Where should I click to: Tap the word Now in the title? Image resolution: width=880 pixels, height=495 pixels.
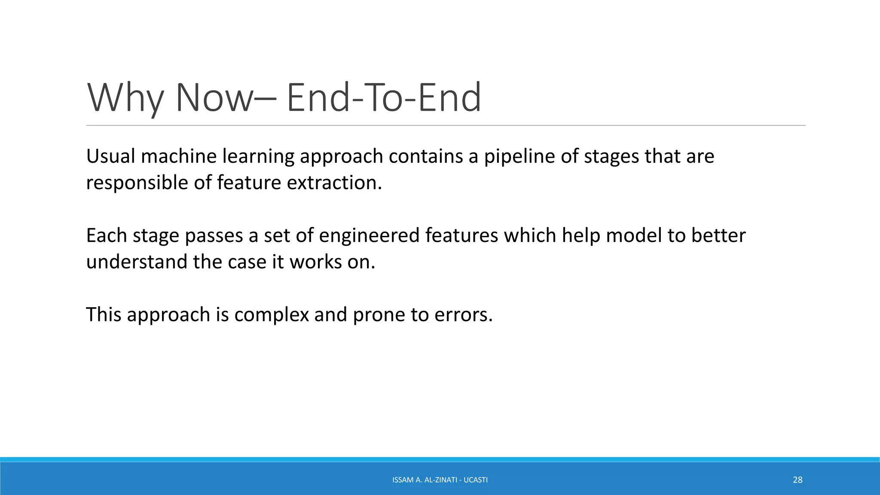(214, 98)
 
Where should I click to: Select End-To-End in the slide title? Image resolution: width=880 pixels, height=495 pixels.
(383, 98)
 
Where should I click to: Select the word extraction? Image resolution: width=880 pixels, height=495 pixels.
(334, 183)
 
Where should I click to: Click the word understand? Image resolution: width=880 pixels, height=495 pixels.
(137, 262)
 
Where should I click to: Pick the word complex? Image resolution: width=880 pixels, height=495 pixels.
(272, 315)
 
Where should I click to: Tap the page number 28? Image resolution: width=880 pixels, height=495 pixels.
(797, 480)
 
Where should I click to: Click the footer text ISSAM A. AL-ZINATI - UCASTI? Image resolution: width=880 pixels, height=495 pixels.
(440, 480)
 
